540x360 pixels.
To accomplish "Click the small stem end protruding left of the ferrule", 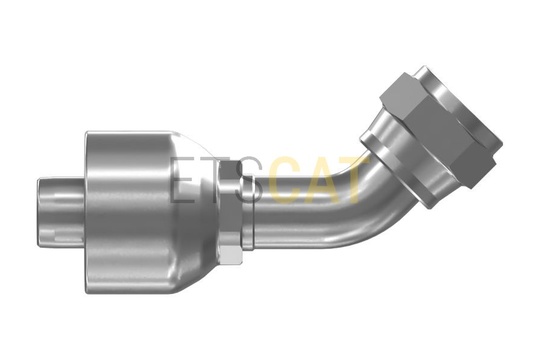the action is [x=61, y=213].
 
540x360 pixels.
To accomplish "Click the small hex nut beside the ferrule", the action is [x=231, y=213].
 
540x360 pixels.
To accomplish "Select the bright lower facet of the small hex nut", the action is [x=230, y=256].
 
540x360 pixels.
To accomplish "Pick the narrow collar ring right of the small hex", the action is [x=249, y=213].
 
